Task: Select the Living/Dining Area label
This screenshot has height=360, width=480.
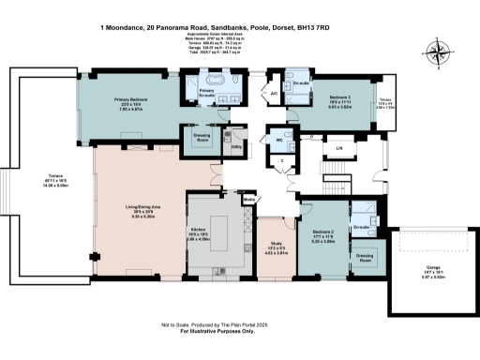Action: pyautogui.click(x=140, y=208)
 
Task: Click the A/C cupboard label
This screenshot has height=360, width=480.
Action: pyautogui.click(x=273, y=94)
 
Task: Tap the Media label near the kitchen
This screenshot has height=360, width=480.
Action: pyautogui.click(x=248, y=200)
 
